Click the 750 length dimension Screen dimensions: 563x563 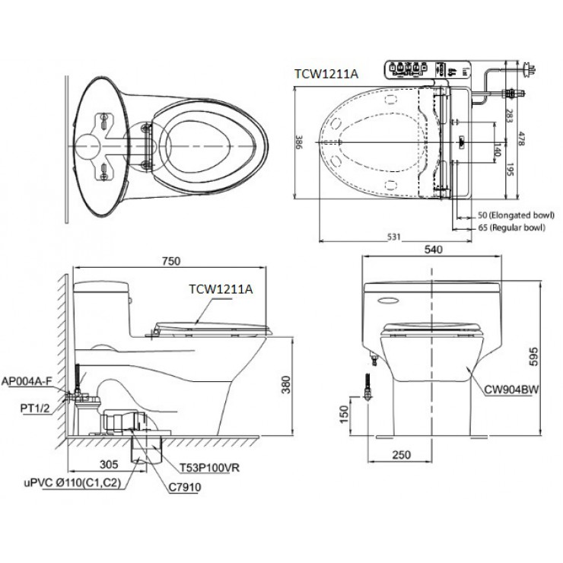(170, 260)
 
